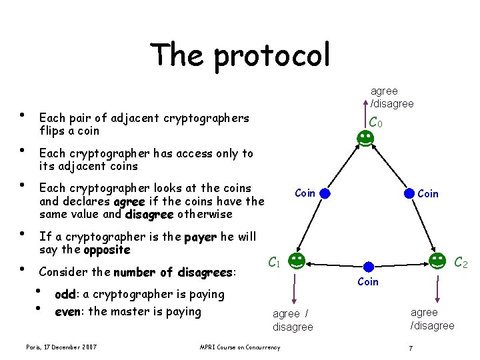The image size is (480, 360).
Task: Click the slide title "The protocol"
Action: (239, 55)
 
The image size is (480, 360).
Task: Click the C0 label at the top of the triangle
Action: (376, 122)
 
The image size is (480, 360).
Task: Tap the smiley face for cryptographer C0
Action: (365, 139)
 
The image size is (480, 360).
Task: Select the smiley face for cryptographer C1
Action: (297, 261)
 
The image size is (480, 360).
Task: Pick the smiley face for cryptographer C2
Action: (437, 261)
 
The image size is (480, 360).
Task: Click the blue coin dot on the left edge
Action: (325, 194)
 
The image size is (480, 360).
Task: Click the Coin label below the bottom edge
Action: (368, 282)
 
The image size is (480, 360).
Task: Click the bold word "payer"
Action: (200, 237)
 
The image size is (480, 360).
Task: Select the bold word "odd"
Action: (64, 295)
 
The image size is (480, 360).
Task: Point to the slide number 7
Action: (411, 347)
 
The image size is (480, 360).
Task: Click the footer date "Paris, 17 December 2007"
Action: (61, 347)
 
